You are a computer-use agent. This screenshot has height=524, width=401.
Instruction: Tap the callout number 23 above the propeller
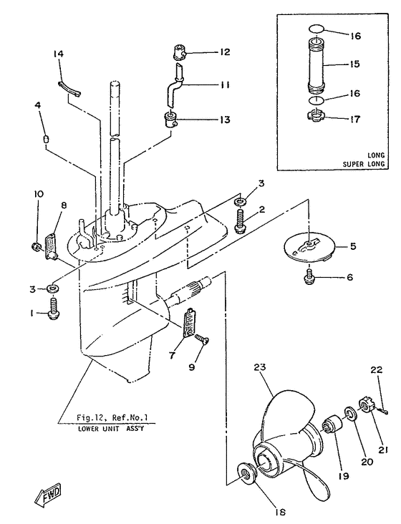point(259,367)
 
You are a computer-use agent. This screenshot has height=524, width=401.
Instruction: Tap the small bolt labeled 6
point(309,278)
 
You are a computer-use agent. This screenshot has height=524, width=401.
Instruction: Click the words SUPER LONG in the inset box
point(364,164)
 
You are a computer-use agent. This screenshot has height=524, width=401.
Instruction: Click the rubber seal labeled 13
point(171,120)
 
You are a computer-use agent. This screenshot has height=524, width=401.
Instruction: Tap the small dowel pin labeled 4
point(46,138)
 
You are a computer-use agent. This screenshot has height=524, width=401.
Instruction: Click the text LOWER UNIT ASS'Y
point(110,428)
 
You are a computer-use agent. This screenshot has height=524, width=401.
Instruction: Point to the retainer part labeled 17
point(315,116)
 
